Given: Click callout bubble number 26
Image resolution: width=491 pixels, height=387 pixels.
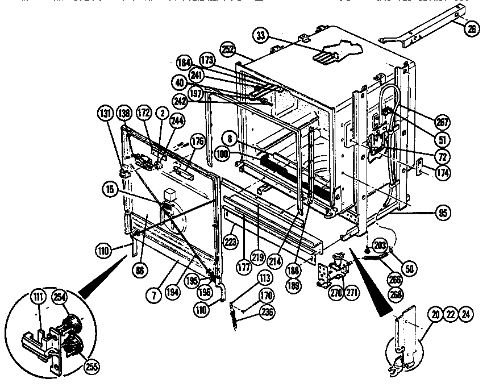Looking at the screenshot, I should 471,30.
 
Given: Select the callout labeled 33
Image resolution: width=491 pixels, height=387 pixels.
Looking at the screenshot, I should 261,36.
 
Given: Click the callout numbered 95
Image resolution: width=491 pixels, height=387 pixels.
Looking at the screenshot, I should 441,215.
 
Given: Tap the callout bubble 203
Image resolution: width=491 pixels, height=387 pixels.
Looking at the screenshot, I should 380,245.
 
